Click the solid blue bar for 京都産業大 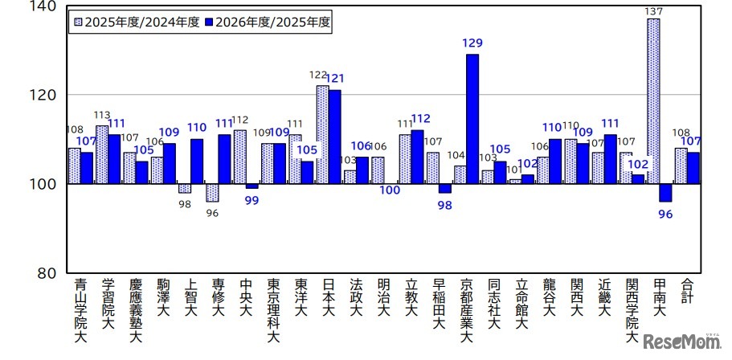[x=472, y=119]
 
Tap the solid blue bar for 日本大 [x=334, y=137]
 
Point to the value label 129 [x=472, y=43]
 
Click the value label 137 [x=652, y=10]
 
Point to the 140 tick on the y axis [x=44, y=6]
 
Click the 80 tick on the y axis [x=47, y=273]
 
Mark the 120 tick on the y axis [x=44, y=96]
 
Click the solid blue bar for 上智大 [x=197, y=162]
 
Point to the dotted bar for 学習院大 [x=102, y=155]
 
